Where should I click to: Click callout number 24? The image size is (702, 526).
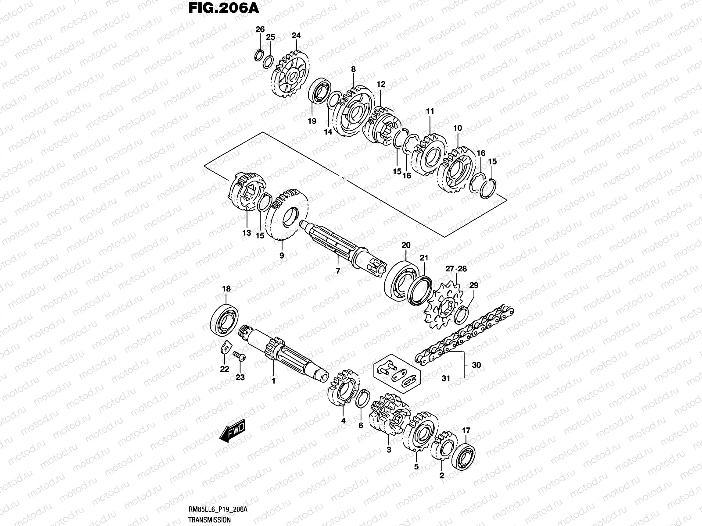pos(296,36)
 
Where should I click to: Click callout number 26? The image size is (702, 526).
pos(260,29)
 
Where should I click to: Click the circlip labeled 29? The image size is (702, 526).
pos(466,312)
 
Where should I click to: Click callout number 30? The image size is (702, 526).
pos(476,365)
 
